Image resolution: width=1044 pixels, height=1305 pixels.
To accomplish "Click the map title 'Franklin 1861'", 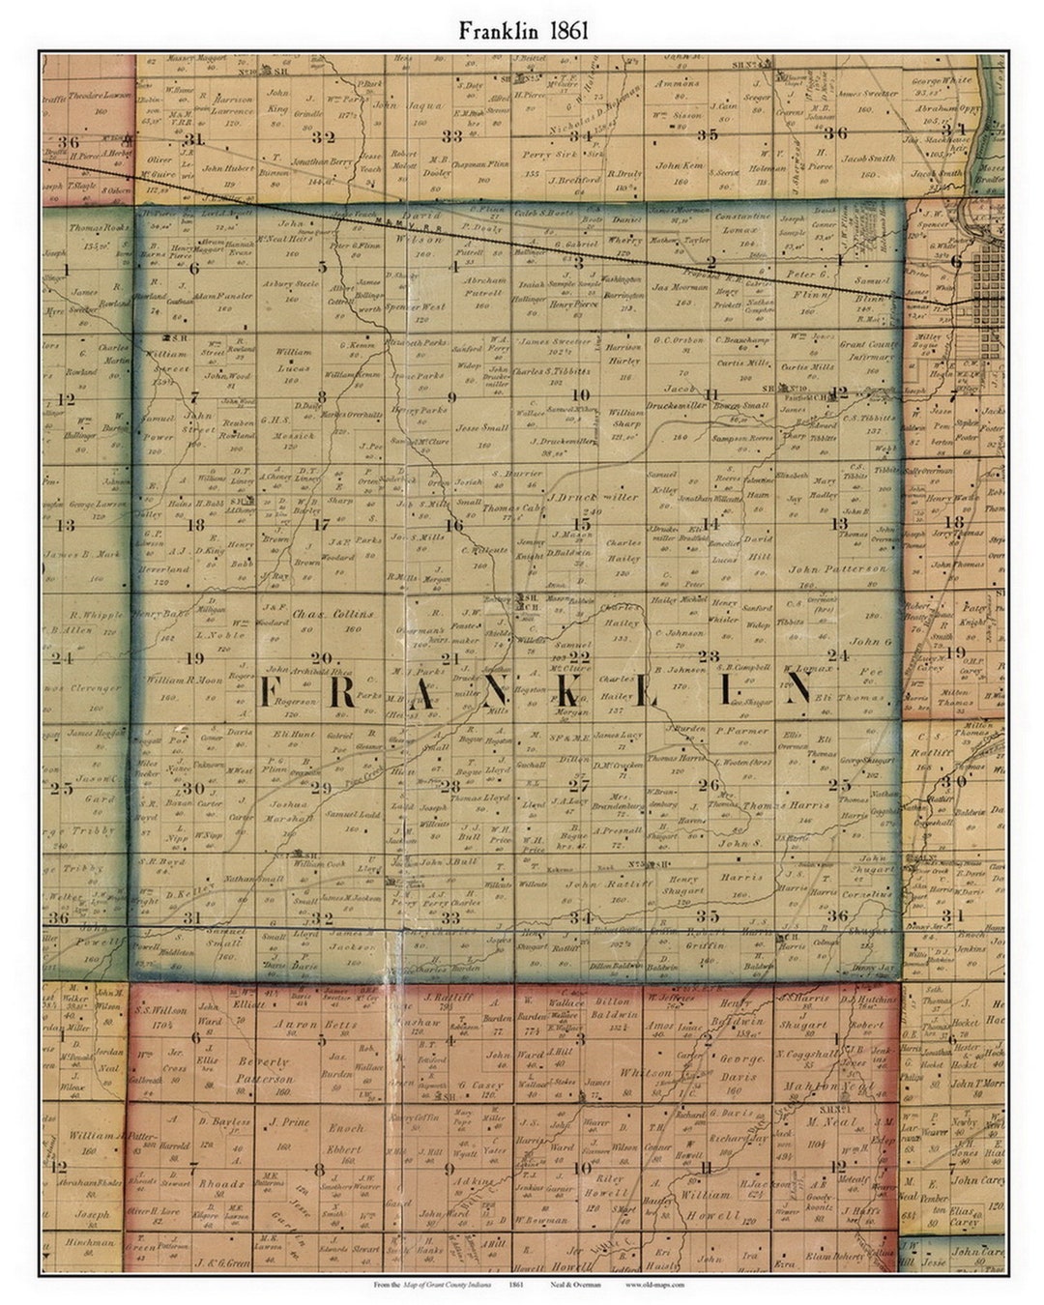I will pyautogui.click(x=522, y=30).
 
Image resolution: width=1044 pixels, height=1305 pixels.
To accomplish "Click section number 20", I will pyautogui.click(x=321, y=656).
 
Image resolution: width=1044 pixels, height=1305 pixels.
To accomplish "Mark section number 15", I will pyautogui.click(x=581, y=523).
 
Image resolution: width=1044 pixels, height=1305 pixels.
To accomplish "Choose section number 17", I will pyautogui.click(x=322, y=525).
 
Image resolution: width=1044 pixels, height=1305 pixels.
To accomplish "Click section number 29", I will pyautogui.click(x=321, y=787).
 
